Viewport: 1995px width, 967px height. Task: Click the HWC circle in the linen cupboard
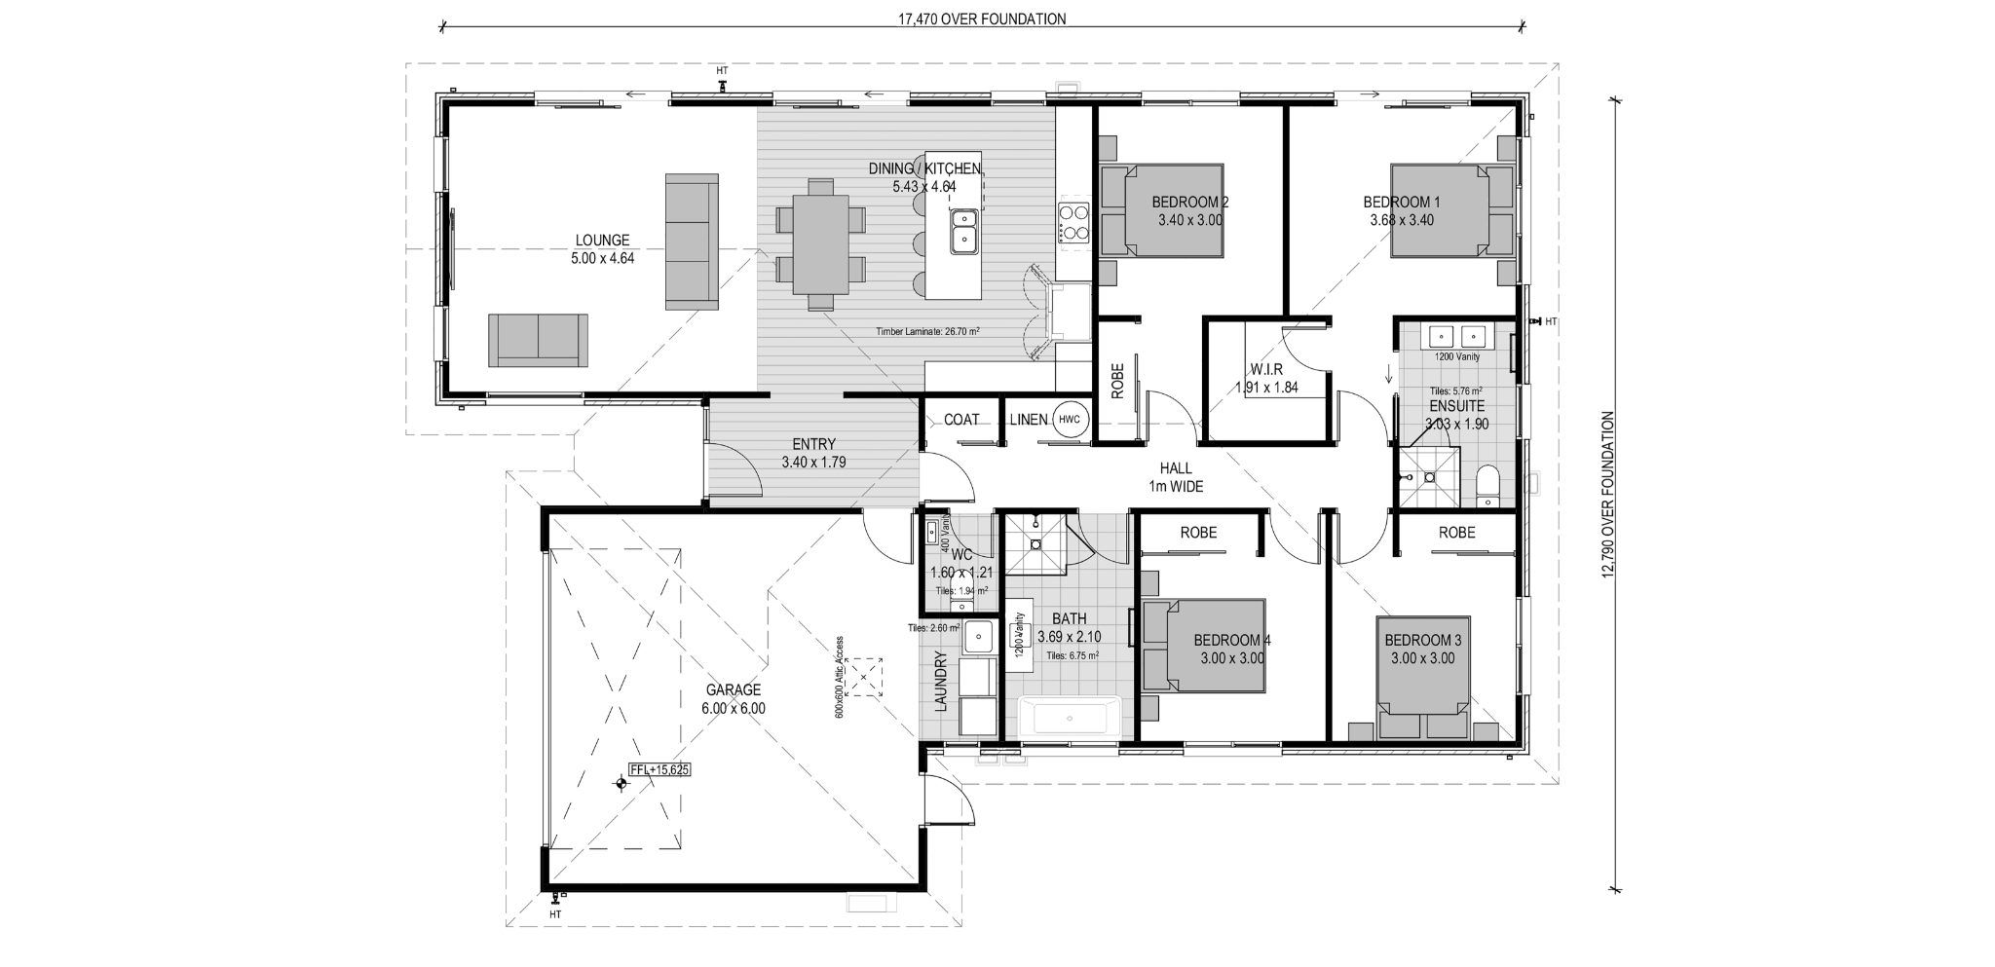coord(1069,420)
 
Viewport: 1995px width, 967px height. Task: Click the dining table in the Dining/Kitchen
coord(820,243)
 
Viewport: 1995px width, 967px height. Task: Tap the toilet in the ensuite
coord(1487,484)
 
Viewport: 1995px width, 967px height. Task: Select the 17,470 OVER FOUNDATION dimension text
coord(982,19)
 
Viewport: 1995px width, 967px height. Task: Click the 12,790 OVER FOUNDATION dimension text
coord(1607,506)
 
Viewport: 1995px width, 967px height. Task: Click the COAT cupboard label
coord(961,420)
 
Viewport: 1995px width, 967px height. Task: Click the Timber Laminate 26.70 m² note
coord(927,331)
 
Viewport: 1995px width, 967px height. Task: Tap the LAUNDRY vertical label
coord(941,682)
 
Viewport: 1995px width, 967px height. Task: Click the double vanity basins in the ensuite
coord(1458,337)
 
